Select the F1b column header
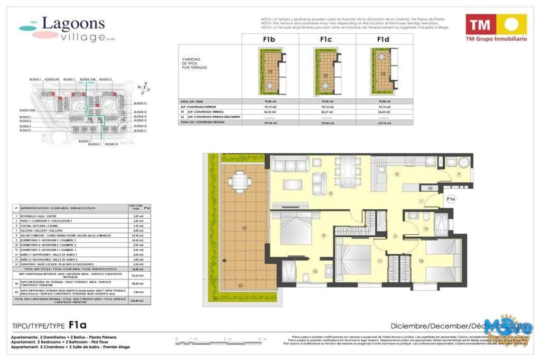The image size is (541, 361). [x=270, y=39]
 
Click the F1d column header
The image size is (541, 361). [x=384, y=39]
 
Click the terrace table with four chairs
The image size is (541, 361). [x=240, y=182]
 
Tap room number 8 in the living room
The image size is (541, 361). [x=331, y=193]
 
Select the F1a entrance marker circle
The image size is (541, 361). [x=451, y=199]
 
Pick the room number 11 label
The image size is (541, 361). [x=379, y=261]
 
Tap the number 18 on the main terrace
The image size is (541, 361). [x=244, y=228]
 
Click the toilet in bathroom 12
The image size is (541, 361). [x=305, y=277]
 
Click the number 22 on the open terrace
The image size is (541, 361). [x=240, y=286]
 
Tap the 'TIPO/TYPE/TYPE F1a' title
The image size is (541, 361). [x=48, y=326]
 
